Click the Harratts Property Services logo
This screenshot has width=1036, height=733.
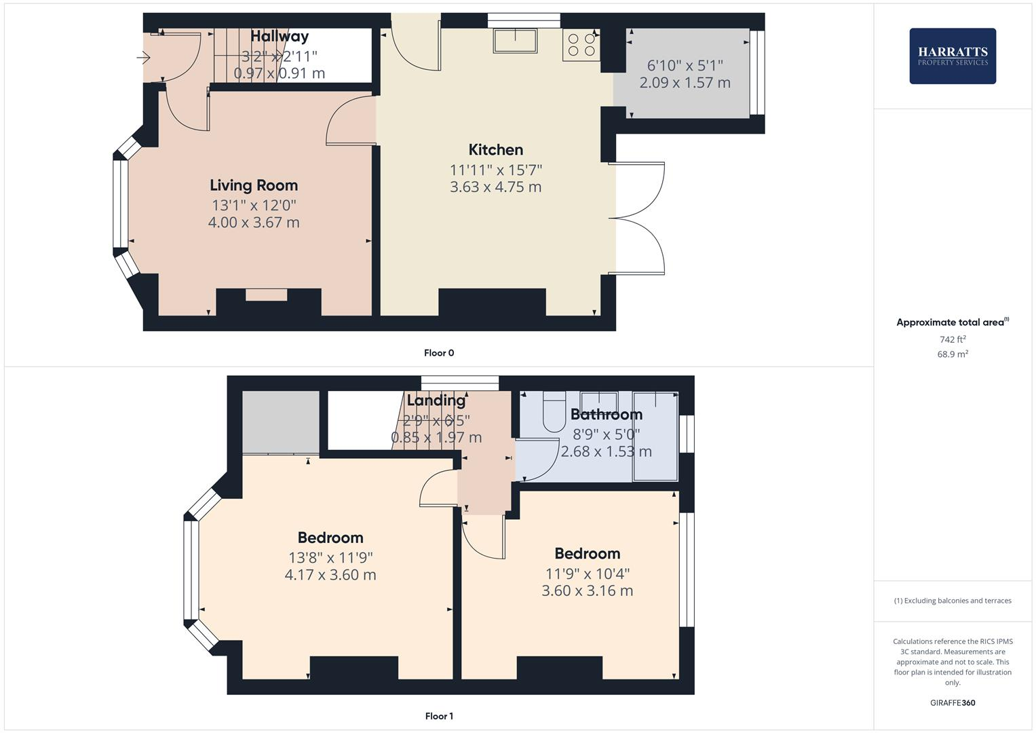coord(952,56)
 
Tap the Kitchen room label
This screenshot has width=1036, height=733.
coord(495,150)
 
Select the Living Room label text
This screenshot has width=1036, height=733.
coord(253,185)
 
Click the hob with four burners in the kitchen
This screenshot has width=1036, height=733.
coord(581,45)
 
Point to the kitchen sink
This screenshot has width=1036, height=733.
coord(515,41)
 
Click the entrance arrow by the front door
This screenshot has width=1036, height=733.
coord(143,58)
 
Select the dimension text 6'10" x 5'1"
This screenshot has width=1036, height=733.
coord(685,66)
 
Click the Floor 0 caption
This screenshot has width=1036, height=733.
coord(439,353)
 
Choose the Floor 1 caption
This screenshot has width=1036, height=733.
coord(439,716)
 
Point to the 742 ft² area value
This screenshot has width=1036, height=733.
coord(952,339)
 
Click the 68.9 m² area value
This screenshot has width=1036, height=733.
coord(952,354)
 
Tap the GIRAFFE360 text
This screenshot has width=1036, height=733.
coord(952,702)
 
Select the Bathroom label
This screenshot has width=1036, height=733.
coord(606,414)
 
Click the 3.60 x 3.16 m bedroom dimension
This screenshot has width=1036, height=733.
coord(587,590)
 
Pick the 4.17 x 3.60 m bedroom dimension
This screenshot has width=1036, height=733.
coord(330,575)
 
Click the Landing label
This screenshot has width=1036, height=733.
coord(436,400)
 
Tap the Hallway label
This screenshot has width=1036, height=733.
coord(279,37)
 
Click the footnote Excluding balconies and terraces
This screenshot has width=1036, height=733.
coord(952,601)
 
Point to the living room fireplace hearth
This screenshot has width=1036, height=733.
coord(266,295)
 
